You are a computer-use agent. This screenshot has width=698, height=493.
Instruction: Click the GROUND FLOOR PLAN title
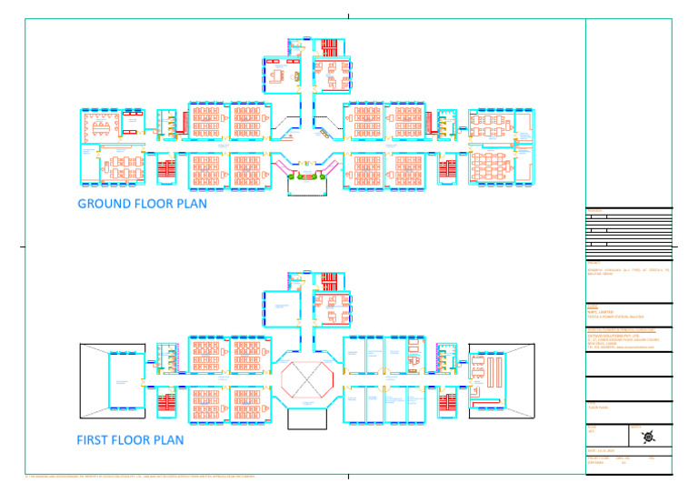click(142, 204)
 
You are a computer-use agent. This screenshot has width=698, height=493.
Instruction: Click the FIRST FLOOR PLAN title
click(131, 440)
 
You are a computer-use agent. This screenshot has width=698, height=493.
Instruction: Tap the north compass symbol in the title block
click(647, 437)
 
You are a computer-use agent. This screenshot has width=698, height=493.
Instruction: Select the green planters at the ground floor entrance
click(306, 184)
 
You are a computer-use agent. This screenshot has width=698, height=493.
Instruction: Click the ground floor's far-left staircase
click(165, 169)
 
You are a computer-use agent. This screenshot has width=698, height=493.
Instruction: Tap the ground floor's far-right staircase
click(447, 169)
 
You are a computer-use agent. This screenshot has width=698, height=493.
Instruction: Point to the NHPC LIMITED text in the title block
click(600, 311)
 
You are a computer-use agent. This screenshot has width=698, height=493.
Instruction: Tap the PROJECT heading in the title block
click(595, 264)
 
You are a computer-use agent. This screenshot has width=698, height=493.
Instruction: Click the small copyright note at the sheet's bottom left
click(136, 476)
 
